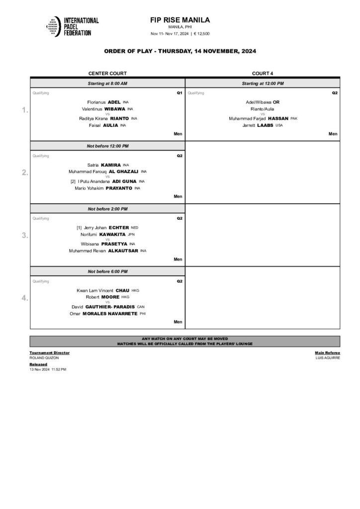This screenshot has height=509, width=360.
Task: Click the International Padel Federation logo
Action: pos(73,26)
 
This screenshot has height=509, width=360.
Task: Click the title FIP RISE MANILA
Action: pos(180,20)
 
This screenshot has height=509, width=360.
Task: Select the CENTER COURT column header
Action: pos(107,73)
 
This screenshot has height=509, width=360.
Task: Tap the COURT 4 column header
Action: pos(263,73)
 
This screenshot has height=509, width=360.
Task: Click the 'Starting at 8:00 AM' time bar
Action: pos(107,84)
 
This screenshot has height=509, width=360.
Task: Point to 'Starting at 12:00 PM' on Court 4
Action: pos(263,84)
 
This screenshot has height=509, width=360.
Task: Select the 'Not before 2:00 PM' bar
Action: pos(107,209)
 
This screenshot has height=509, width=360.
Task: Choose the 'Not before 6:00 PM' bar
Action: pos(107,271)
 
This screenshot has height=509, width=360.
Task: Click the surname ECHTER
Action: pos(118,228)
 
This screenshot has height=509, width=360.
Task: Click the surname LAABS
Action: pos(265,125)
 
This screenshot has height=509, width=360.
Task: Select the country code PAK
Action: pos(294,119)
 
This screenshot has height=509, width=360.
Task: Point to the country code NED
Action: pos(134,228)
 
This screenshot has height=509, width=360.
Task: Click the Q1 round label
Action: pos(180,93)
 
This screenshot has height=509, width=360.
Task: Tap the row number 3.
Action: pos(25,236)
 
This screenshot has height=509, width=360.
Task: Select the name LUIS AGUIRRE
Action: pos(328,358)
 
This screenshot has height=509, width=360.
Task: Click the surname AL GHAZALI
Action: pos(123,171)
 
